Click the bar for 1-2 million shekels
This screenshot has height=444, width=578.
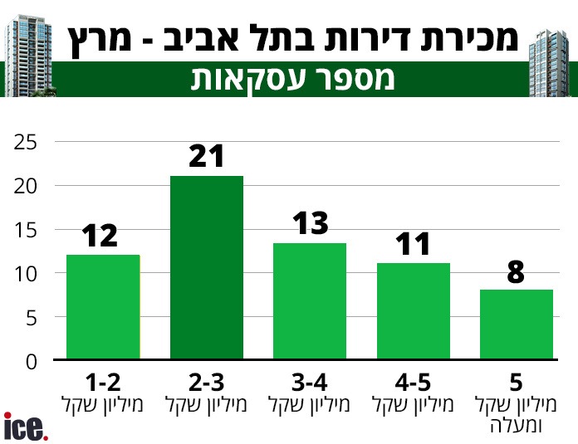[x=103, y=307]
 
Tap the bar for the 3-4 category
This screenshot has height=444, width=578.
[x=310, y=301]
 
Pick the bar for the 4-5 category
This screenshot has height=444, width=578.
[x=413, y=311]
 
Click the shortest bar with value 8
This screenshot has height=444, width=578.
[x=516, y=324]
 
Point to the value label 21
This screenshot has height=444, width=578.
[x=207, y=156]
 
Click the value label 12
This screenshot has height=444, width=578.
[x=100, y=237]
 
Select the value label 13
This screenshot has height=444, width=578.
[x=311, y=223]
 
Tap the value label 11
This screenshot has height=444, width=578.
[x=413, y=244]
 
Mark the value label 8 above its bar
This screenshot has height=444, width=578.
[x=516, y=271]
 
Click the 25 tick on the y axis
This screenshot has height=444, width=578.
[x=25, y=142]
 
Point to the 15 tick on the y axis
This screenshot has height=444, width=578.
[x=26, y=230]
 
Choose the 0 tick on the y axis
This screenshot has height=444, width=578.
[x=31, y=361]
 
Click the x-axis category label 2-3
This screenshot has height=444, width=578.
[x=207, y=383]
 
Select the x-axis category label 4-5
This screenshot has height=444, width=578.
[x=414, y=383]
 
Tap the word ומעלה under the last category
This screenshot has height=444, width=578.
[x=516, y=426]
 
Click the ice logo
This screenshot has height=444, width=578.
[x=26, y=427]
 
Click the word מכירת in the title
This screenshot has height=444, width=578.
[x=470, y=37]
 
